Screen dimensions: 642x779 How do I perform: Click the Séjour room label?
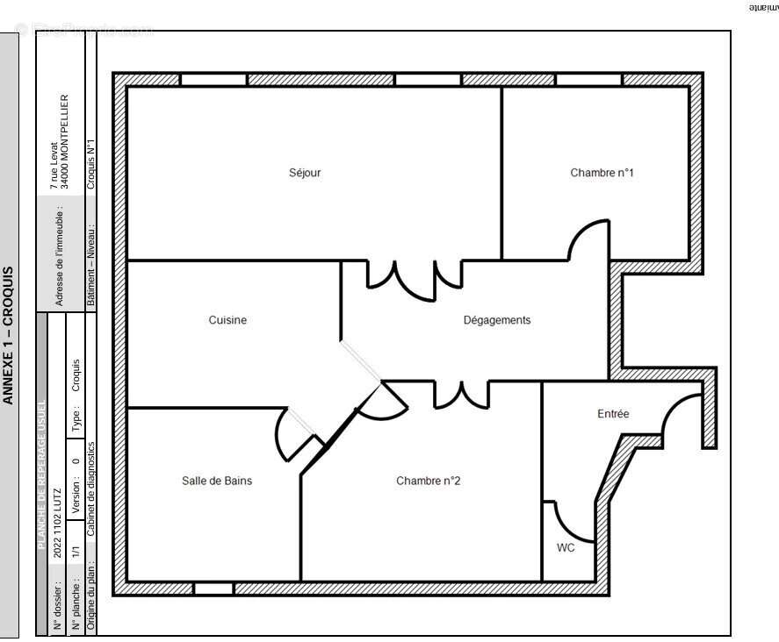[x=305, y=173]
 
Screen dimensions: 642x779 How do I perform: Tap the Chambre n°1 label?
[x=602, y=173]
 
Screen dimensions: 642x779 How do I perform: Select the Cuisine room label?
[x=227, y=320]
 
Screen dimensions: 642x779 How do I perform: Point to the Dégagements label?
[x=497, y=320]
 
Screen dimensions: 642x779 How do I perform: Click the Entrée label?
[x=612, y=414]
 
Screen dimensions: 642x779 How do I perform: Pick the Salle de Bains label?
[x=217, y=481]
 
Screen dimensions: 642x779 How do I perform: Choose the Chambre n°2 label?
[x=429, y=481]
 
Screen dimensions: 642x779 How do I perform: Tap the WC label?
[x=566, y=548]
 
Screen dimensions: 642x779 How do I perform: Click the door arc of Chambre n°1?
[x=587, y=230]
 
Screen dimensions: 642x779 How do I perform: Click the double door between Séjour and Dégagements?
[x=413, y=276]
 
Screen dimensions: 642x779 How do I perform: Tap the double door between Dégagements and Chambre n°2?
[x=460, y=395]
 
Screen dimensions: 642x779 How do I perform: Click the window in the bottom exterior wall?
[x=213, y=588]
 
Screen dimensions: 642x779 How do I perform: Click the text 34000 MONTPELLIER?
[x=64, y=143]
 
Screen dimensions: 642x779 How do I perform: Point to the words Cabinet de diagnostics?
[x=90, y=488]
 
